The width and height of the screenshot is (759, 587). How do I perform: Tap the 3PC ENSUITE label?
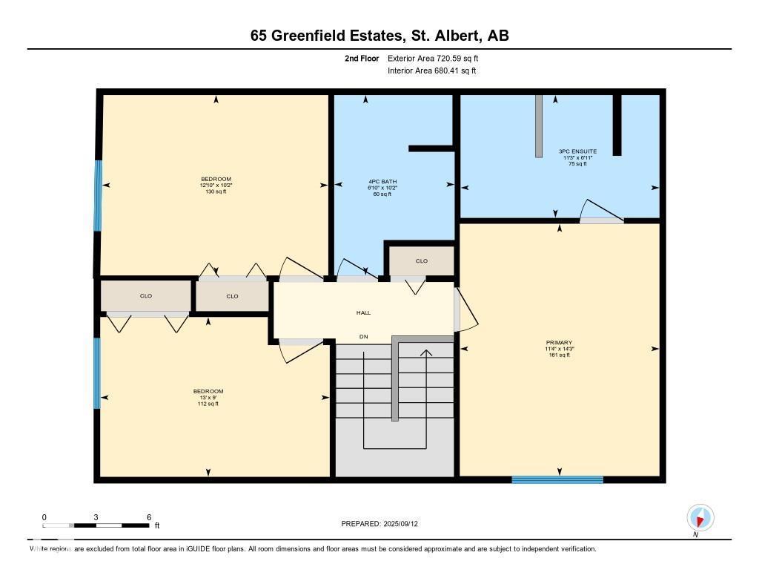coord(578,151)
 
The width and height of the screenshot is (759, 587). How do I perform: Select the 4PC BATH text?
coord(383,181)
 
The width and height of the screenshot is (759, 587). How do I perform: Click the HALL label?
coord(363,312)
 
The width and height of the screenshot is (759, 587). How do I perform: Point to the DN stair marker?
coord(363,337)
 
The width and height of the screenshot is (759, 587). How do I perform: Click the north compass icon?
coord(700,517)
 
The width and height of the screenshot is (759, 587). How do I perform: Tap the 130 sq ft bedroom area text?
coord(216,191)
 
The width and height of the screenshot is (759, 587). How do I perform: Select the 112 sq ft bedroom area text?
coord(208,404)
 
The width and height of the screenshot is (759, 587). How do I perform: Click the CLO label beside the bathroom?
coord(421,260)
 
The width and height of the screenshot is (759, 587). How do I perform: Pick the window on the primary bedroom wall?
coord(557,479)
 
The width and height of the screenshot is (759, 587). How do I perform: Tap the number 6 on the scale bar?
coord(149,517)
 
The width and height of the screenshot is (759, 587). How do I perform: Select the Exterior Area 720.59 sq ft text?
coord(438,58)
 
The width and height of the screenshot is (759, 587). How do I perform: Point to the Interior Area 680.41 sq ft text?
coord(431,70)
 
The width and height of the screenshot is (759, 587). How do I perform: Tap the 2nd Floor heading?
coord(362,58)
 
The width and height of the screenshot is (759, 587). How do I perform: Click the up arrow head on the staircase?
coord(425,352)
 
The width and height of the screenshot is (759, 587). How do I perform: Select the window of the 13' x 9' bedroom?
coord(97,373)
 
